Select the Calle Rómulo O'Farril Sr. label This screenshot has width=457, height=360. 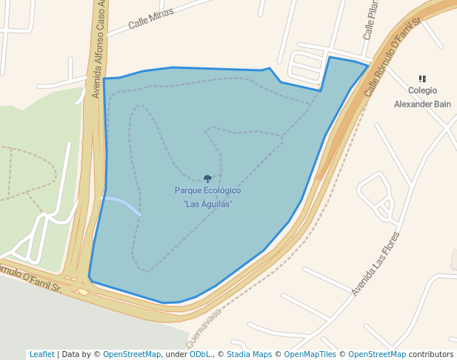(392, 53)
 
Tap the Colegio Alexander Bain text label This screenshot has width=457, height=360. (422, 99)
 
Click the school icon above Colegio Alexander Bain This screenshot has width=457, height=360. (422, 79)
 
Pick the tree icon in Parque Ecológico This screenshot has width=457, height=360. (207, 179)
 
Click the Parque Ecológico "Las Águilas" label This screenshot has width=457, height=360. (207, 197)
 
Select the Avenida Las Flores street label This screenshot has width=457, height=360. (376, 264)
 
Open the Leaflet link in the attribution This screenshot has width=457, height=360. (41, 354)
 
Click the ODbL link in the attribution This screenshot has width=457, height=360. (200, 354)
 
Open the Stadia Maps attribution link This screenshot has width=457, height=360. (249, 354)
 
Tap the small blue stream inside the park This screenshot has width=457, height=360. (123, 204)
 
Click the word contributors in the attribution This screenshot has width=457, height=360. (430, 354)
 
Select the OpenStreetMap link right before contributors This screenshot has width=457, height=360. (376, 354)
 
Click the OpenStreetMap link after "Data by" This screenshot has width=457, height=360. (131, 354)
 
